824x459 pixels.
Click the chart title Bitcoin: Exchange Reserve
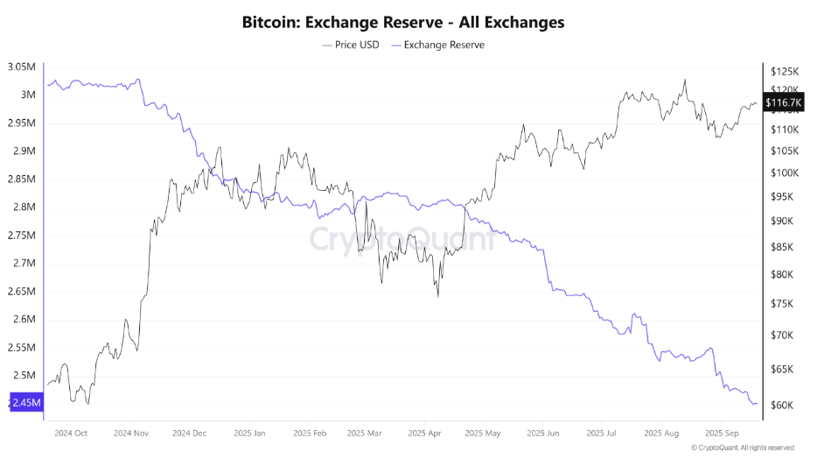403,22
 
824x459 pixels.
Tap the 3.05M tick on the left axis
21,67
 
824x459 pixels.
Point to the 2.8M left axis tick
24,207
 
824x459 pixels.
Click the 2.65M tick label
21,291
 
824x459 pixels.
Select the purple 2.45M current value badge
24,403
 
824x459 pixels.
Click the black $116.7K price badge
782,102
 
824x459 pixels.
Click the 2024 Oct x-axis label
71,433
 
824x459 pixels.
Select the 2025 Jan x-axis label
249,433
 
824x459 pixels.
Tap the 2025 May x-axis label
484,433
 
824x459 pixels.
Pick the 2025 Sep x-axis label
723,433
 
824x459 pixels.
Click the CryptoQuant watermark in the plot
402,238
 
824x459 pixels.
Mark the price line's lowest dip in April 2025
437,296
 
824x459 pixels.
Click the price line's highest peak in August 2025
685,80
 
